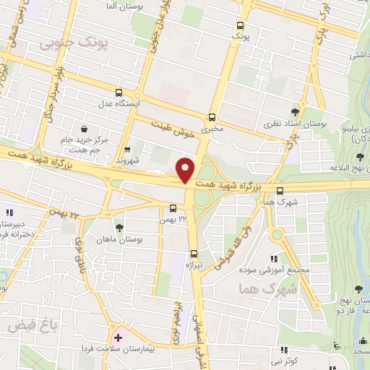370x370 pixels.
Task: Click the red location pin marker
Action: pyautogui.click(x=186, y=169)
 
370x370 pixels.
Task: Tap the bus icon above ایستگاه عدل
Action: pyautogui.click(x=119, y=92)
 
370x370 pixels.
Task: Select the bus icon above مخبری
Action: pyautogui.click(x=212, y=117)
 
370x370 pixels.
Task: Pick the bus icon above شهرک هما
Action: pyautogui.click(x=280, y=190)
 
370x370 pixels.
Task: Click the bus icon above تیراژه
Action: pyautogui.click(x=194, y=254)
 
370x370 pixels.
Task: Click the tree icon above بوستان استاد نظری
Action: pyautogui.click(x=294, y=111)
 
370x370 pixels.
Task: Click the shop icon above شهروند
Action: pyautogui.click(x=127, y=150)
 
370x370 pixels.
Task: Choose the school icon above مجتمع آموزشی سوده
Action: pyautogui.click(x=273, y=259)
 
